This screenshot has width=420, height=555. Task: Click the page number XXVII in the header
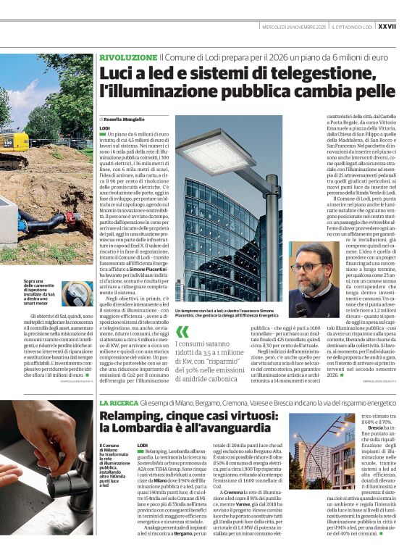tap(407, 25)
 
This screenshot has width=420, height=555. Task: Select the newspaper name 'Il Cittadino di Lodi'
tap(351, 26)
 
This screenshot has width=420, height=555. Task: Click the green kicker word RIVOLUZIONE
tap(127, 57)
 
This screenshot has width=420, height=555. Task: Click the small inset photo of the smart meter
tap(76, 293)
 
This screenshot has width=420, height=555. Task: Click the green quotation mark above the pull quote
tap(182, 332)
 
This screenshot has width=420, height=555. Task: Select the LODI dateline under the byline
tap(104, 128)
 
